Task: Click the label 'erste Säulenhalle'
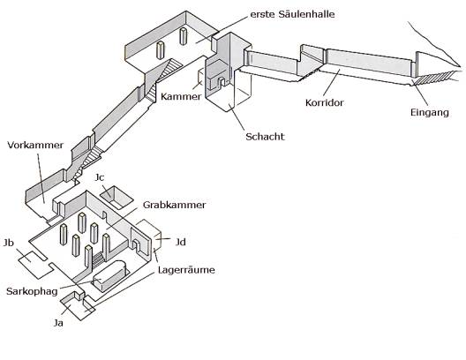click(x=292, y=14)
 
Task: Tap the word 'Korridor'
click(x=324, y=102)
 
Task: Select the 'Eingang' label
click(x=430, y=113)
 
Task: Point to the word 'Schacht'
click(x=265, y=137)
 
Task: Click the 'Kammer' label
click(x=181, y=96)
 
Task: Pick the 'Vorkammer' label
click(x=35, y=145)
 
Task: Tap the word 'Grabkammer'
click(x=174, y=205)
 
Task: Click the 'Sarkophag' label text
click(x=32, y=291)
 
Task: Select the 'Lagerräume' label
click(x=186, y=270)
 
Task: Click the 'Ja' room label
click(x=58, y=323)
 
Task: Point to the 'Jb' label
click(x=9, y=243)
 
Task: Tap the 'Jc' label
click(x=100, y=177)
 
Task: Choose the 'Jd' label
click(x=181, y=242)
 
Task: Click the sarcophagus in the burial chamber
click(x=110, y=275)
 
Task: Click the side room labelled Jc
click(x=116, y=198)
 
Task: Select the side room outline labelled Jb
click(x=36, y=264)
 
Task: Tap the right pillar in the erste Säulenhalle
click(x=184, y=36)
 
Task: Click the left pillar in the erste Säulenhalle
click(x=161, y=50)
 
